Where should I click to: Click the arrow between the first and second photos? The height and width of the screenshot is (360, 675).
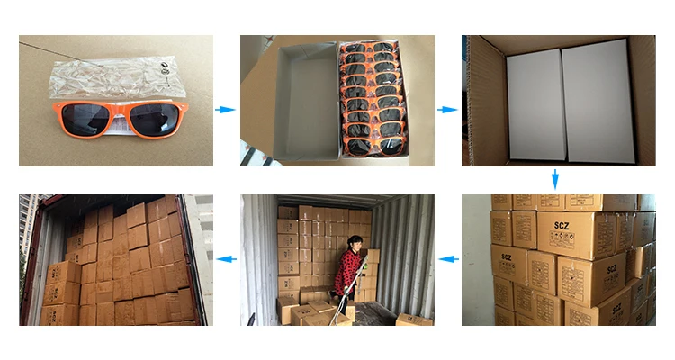(226, 110)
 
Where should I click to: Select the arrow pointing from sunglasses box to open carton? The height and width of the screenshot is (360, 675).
(447, 110)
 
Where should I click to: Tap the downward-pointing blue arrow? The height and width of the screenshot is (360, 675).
(555, 178)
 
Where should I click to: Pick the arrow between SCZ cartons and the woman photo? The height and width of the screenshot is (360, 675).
(447, 260)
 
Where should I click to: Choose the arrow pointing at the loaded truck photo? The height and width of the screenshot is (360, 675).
(226, 260)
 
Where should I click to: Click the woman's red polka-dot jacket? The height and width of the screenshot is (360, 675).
(347, 270)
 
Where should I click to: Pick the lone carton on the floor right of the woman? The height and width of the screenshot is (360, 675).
(413, 319)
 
